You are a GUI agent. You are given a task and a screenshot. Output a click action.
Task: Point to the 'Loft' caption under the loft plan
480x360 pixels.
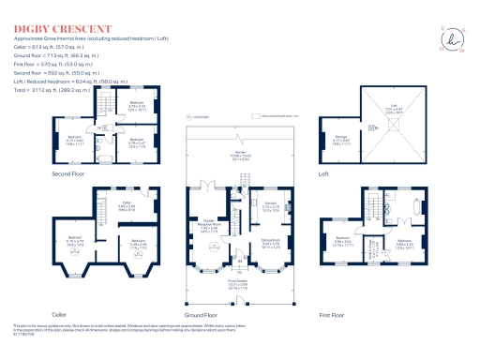tap(349, 174)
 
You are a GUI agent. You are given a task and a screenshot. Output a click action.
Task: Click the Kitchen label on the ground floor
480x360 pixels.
tap(270, 204)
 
